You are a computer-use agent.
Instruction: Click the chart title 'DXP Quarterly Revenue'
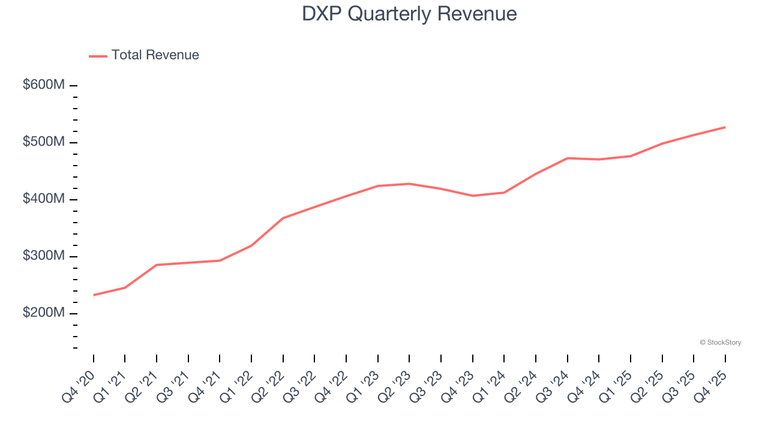click(409, 13)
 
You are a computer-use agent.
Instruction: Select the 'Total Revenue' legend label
click(155, 55)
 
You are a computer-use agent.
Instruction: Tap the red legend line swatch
click(98, 56)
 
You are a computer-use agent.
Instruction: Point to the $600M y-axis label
click(44, 85)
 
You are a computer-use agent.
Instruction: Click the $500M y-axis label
click(44, 142)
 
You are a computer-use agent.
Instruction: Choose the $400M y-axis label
click(44, 199)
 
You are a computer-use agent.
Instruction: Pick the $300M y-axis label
click(44, 256)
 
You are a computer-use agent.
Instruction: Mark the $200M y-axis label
click(44, 313)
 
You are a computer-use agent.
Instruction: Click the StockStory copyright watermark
click(720, 343)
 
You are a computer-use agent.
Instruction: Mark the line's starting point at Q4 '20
click(94, 295)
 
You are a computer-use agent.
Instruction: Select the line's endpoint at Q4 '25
click(725, 127)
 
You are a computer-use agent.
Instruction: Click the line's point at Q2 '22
click(283, 218)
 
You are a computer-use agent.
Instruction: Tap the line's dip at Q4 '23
click(472, 196)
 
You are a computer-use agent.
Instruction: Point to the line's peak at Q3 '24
click(567, 158)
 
